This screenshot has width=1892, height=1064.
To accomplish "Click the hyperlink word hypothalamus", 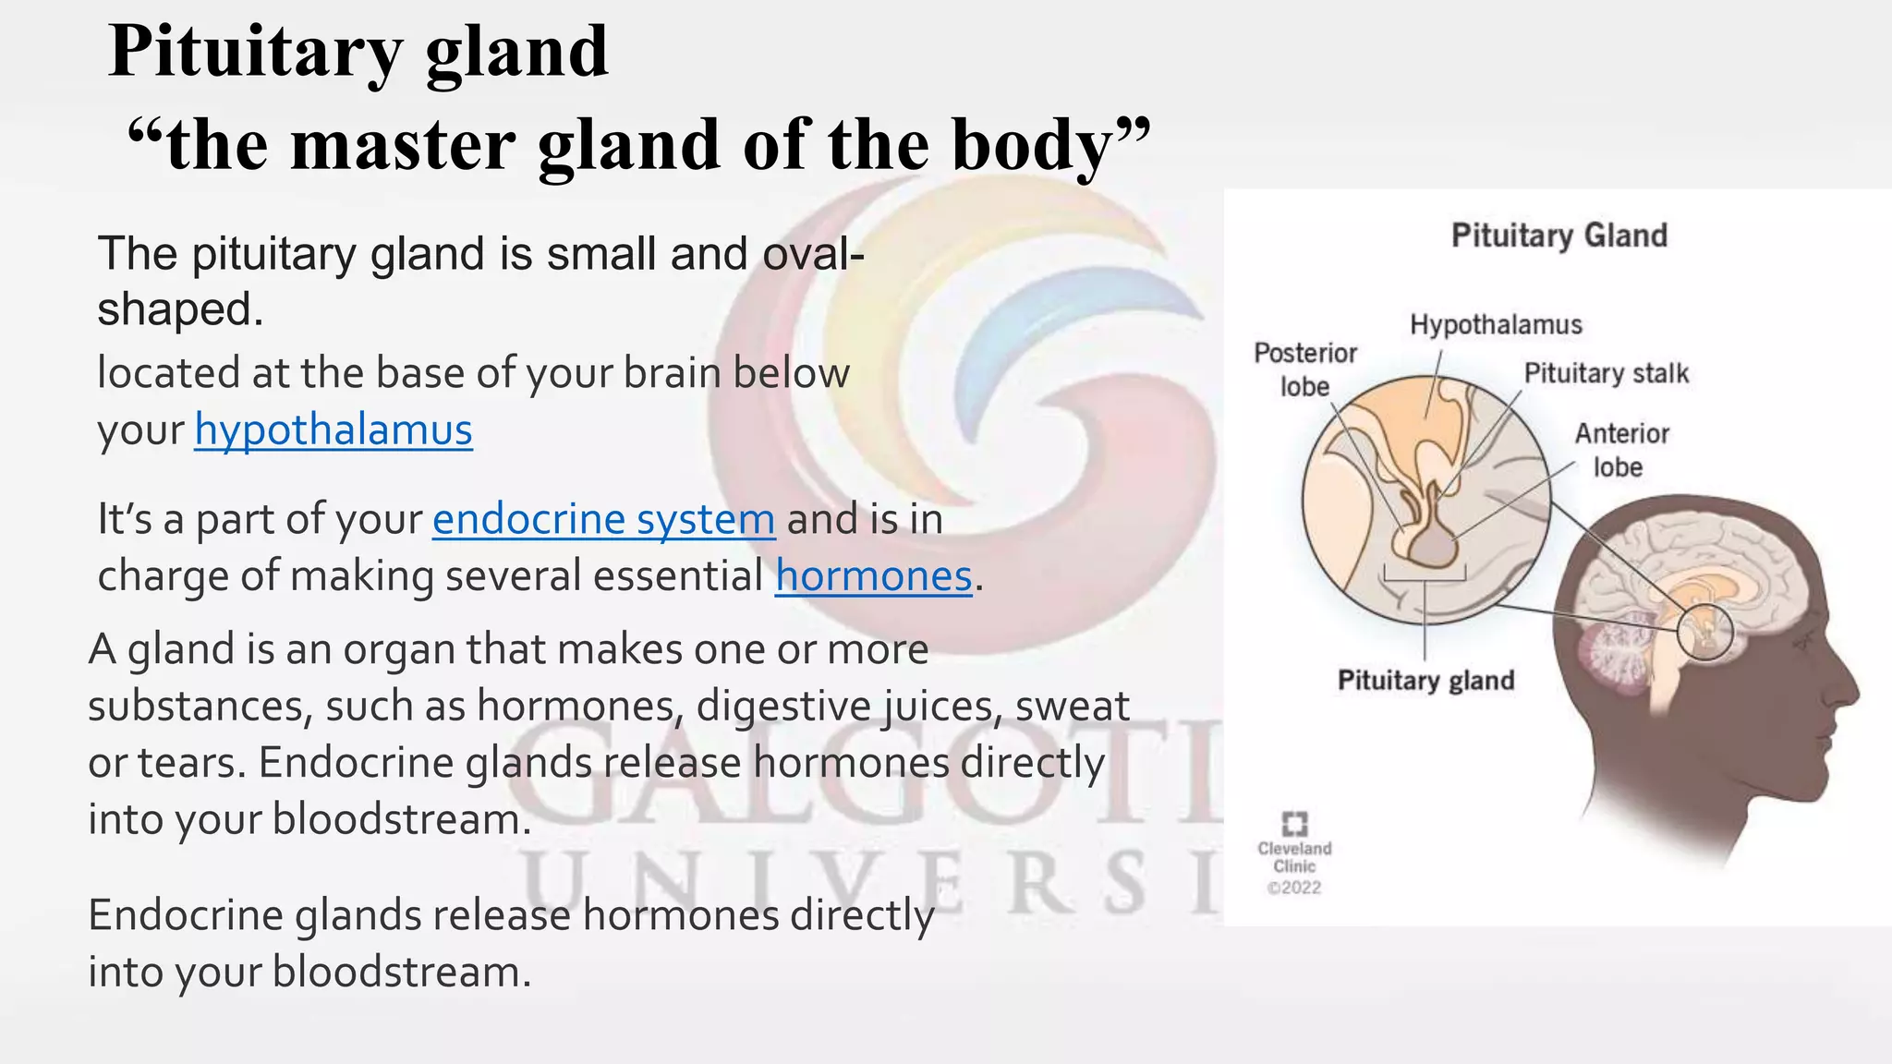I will [333, 430].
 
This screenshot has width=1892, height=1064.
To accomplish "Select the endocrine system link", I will [603, 519].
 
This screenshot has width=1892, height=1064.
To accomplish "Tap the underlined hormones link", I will [873, 576].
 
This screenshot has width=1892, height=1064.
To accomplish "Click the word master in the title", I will [402, 145].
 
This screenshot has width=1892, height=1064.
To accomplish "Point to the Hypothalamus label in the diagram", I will [1495, 325].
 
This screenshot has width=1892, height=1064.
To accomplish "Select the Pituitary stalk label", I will [1606, 373].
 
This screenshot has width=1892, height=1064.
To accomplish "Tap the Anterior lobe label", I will [1620, 450].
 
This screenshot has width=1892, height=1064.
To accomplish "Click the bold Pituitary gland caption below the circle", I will [1425, 681].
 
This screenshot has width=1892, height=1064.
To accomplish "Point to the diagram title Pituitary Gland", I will [1558, 236].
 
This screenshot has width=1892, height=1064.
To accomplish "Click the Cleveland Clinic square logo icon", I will [1294, 823].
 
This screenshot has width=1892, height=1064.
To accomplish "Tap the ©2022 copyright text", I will [1294, 888].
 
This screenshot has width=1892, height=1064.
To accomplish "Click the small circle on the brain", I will [1705, 633].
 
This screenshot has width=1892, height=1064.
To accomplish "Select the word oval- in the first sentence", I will [814, 254].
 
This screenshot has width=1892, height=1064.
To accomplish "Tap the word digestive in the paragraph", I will [783, 707].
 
